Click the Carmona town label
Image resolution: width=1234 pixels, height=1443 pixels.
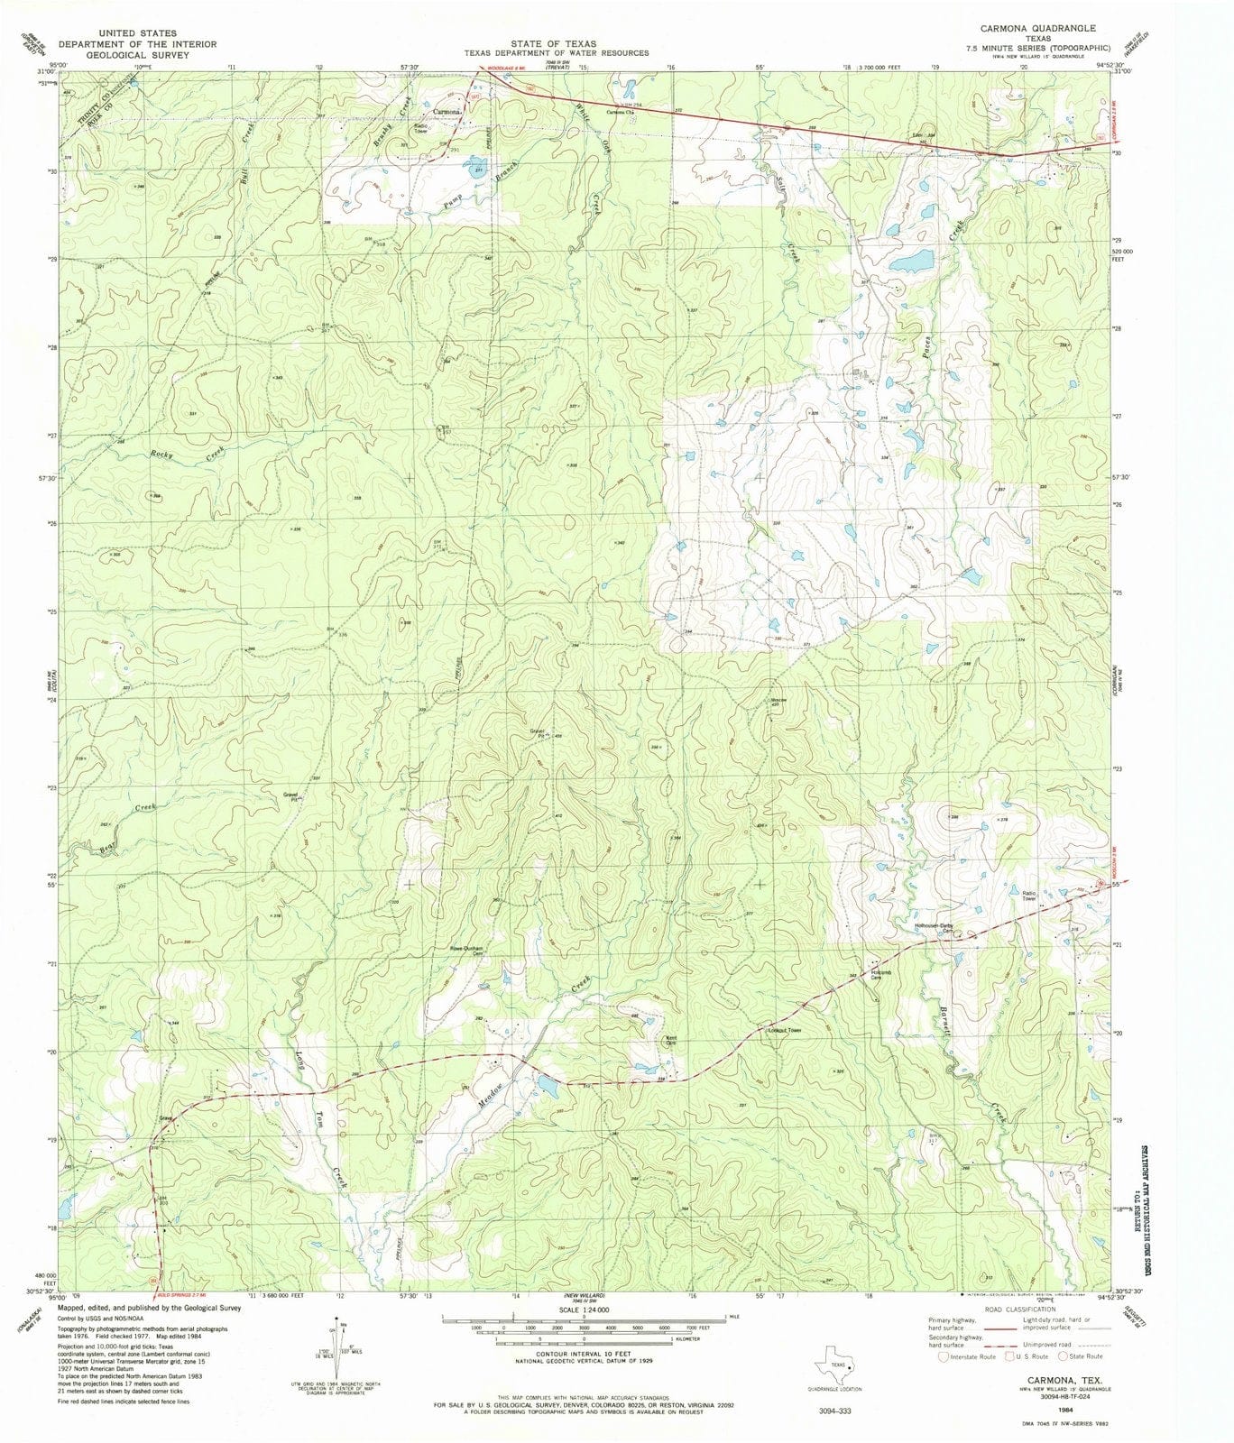447,112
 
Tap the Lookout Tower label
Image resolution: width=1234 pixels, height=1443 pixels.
783,1030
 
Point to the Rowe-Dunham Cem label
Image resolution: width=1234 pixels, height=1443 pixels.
467,950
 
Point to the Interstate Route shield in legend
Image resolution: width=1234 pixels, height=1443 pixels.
944,1356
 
